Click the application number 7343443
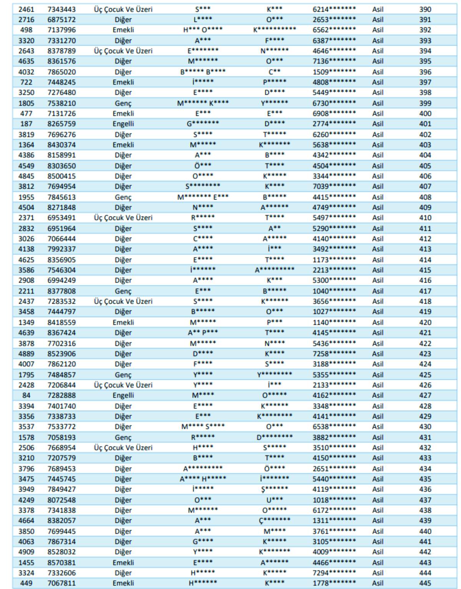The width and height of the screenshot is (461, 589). click(61, 9)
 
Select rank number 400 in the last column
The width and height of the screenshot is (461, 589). click(425, 113)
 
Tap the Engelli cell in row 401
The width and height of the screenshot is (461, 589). click(123, 124)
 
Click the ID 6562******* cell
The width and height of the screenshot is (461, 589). click(334, 30)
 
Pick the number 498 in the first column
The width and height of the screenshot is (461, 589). click(26, 30)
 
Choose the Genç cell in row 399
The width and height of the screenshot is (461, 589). click(123, 103)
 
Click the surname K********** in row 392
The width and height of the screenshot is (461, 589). click(274, 30)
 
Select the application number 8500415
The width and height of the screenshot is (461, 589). click(61, 176)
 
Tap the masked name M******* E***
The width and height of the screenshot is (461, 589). click(202, 197)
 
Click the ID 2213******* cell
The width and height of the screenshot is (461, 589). click(334, 270)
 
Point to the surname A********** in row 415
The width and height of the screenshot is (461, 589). click(274, 270)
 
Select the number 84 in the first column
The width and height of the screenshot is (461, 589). click(26, 395)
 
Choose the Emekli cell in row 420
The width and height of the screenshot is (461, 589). click(123, 322)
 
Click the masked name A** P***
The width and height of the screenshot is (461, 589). click(202, 333)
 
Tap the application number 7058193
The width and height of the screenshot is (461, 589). click(61, 437)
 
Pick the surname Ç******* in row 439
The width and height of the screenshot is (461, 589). click(274, 521)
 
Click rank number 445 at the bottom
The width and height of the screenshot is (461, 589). click(425, 583)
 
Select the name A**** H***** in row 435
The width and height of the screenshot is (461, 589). click(202, 479)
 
